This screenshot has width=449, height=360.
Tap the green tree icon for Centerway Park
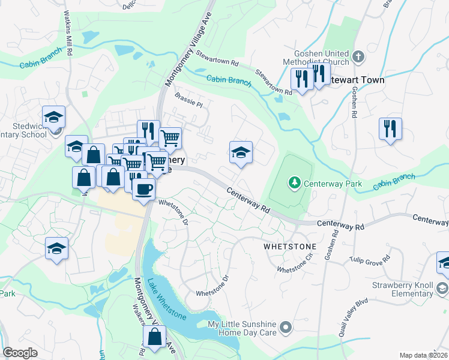coord(294,181)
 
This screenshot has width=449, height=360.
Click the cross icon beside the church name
coord(358,58)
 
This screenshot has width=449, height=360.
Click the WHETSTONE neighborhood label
coord(289,247)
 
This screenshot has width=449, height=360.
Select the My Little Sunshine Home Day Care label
coord(241,328)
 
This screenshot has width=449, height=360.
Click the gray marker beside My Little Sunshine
coord(286,328)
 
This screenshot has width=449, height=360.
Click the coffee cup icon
coord(143,190)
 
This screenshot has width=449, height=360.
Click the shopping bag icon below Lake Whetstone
coord(154,338)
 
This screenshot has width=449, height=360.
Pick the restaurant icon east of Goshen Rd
coord(390,129)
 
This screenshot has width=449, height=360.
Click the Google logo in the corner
coord(20,352)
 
